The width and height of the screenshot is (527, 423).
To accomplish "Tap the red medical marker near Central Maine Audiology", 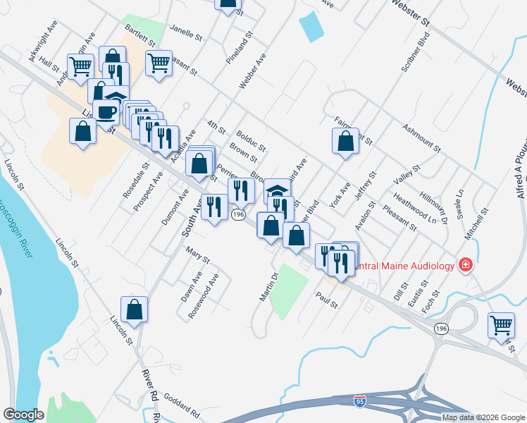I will coord(465,265).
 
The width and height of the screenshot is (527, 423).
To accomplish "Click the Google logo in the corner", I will coord(24,414).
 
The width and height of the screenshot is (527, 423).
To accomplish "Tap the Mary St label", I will coord(197,255).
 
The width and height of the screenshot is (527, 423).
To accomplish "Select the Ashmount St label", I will coord(421,138).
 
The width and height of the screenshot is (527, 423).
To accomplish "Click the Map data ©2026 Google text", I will coord(483,417).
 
